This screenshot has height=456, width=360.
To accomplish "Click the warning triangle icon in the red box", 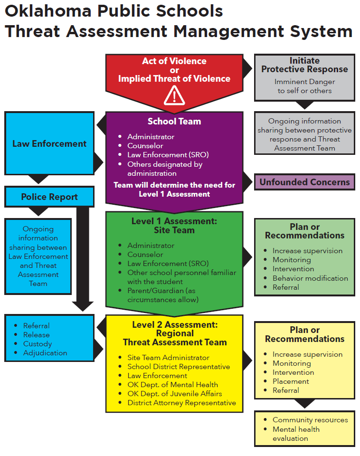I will [x=174, y=96].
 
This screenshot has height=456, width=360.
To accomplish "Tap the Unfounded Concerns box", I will [x=304, y=182].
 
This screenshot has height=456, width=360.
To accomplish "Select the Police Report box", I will [x=49, y=197].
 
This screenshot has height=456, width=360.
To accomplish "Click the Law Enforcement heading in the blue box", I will [x=49, y=143].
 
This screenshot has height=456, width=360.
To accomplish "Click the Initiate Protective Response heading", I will [x=304, y=65].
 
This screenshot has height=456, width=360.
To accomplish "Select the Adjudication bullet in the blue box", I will [x=45, y=353].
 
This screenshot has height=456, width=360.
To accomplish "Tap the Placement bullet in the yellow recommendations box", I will [x=291, y=381].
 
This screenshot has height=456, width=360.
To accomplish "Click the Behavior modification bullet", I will [x=310, y=278].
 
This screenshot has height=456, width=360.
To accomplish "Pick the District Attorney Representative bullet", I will [x=181, y=403].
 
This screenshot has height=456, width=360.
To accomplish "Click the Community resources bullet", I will [x=310, y=420].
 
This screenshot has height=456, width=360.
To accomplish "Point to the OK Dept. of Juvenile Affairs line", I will [x=174, y=394].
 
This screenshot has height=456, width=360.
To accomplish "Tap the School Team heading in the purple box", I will [x=174, y=122].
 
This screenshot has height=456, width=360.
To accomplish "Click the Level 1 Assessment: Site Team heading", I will [x=174, y=226].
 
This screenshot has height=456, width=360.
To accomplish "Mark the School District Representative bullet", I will [x=179, y=367].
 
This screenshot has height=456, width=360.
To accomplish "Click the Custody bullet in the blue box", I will [x=38, y=344].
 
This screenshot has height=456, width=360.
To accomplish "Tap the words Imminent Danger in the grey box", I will [x=304, y=82].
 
